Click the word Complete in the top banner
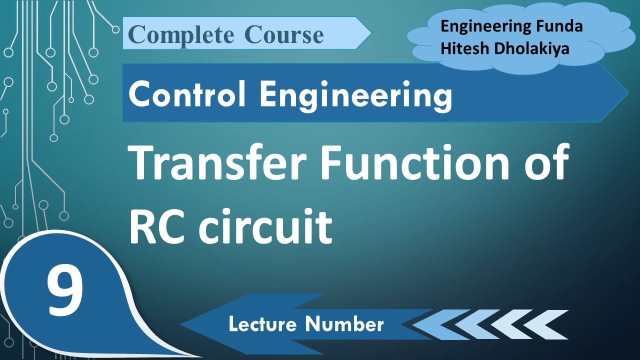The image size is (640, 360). click(181, 35)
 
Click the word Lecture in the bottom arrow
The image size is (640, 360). click(263, 324)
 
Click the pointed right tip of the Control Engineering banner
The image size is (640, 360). click(627, 93)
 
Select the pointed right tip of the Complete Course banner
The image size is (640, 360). click(370, 33)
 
